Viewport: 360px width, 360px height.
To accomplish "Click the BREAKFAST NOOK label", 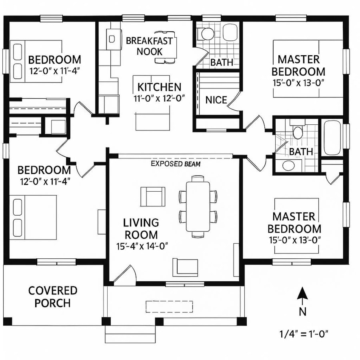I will pos(149,46).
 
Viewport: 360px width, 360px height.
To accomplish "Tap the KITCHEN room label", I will pos(159,87).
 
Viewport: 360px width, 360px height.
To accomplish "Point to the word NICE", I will pos(216,100).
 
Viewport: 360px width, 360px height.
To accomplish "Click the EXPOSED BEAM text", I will pos(176,164).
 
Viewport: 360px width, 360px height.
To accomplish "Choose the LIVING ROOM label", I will pos(141,228).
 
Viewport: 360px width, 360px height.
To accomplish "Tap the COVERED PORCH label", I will pos(52,296).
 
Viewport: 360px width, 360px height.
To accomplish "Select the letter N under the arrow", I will pos(303,312).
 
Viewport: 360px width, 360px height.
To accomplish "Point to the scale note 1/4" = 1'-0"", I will pos(304,333).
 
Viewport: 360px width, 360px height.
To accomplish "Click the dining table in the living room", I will pos(198,206).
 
